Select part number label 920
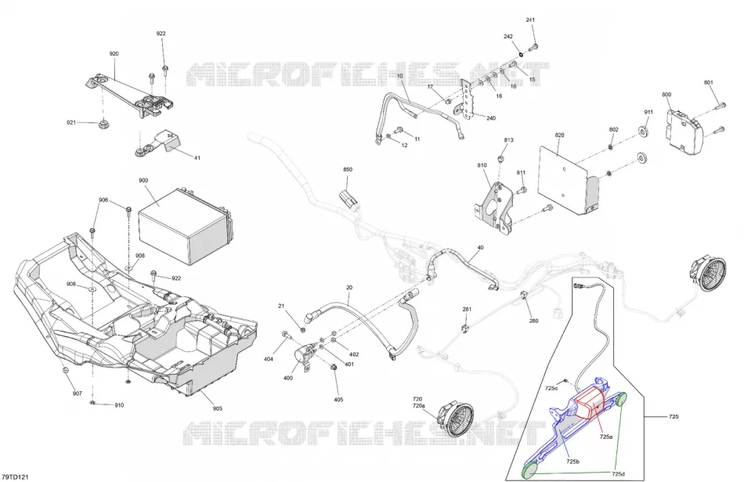[114, 53]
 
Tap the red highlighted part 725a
[589, 402]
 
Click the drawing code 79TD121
[15, 477]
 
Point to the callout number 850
[348, 169]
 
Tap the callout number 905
[217, 408]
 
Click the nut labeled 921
[101, 125]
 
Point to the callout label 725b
[572, 462]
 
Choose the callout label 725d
[618, 474]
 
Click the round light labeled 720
[456, 419]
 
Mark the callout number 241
[530, 20]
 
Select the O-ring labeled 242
[522, 53]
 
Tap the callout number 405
[338, 400]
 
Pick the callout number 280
[534, 321]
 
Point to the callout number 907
[78, 393]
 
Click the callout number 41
[197, 158]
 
